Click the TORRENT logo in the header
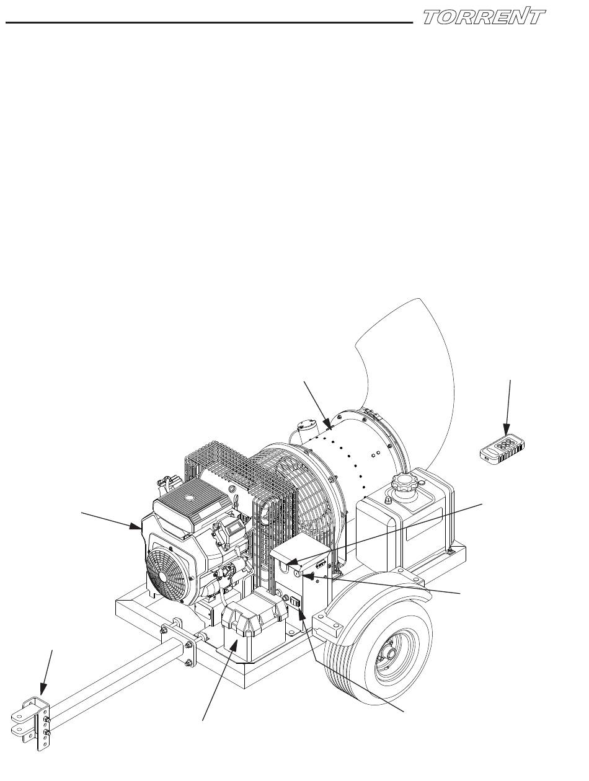click(484, 17)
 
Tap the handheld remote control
click(502, 449)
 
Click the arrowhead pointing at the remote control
click(507, 429)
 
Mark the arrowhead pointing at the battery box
click(235, 643)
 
